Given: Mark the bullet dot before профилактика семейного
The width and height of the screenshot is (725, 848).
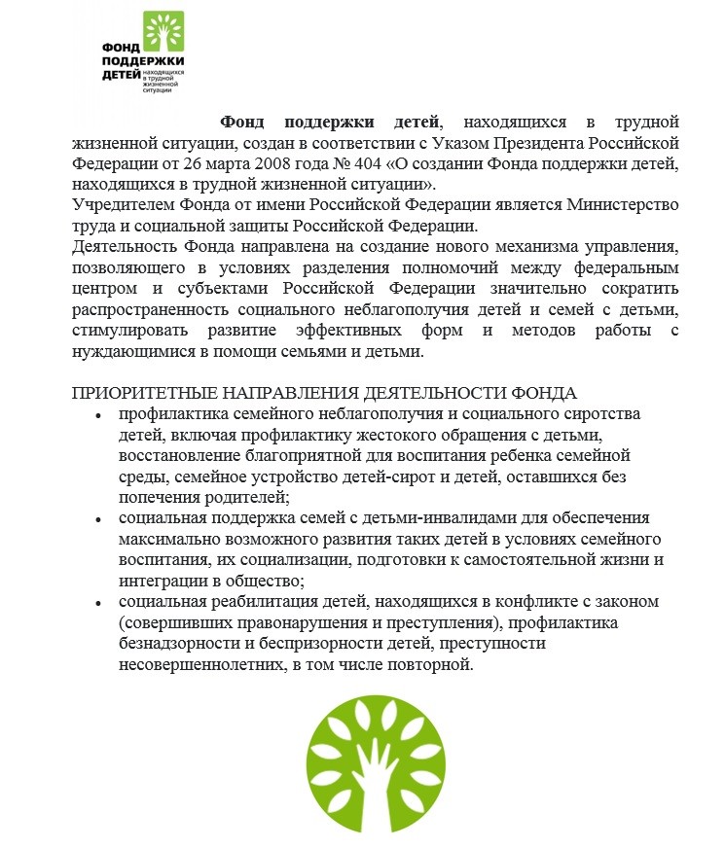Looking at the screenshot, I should pyautogui.click(x=98, y=415).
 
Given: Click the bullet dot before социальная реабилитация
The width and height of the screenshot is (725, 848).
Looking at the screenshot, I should pyautogui.click(x=98, y=603).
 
